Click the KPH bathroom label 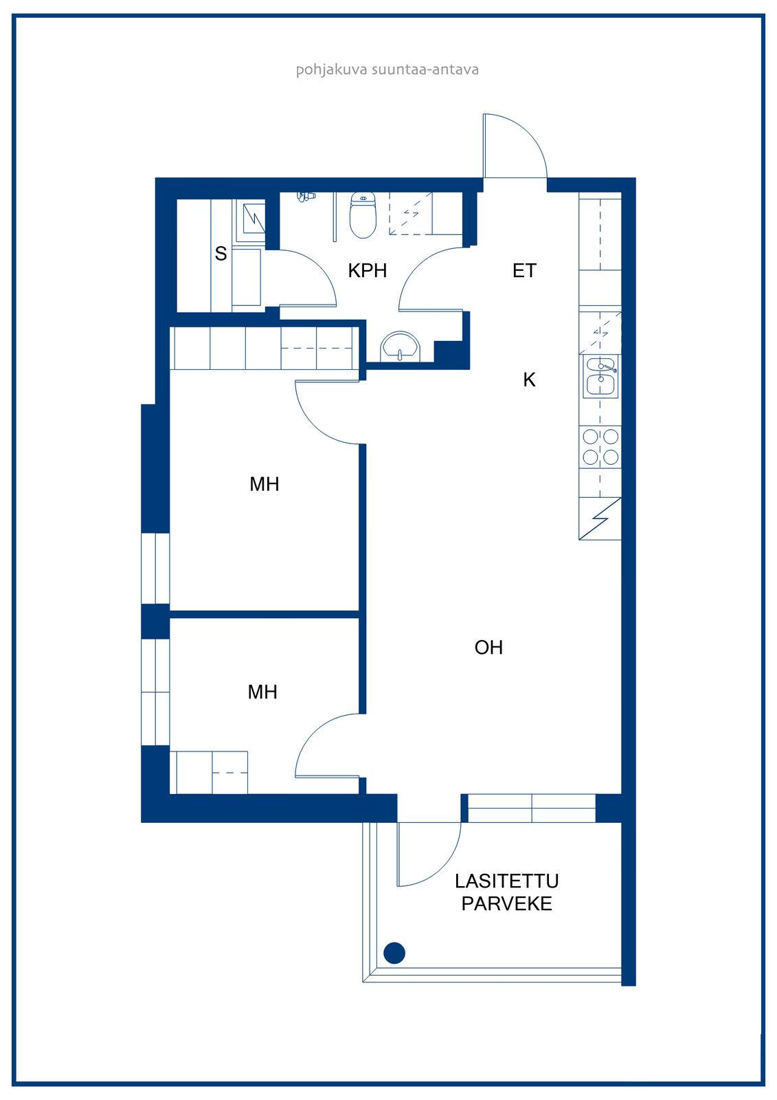coord(367,271)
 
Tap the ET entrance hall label coord(524,271)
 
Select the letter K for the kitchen coord(529,379)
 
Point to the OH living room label coord(488,647)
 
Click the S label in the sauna coord(221,254)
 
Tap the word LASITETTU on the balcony coord(506,881)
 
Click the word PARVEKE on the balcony coord(506,903)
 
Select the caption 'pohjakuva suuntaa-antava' coord(387,69)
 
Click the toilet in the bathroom coord(363,215)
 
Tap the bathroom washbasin coord(401,346)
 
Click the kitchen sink coord(601,377)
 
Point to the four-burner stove coord(600,447)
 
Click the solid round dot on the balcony coord(394,953)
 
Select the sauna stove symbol coord(251,221)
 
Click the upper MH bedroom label coord(264,484)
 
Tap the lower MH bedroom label coord(262,692)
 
